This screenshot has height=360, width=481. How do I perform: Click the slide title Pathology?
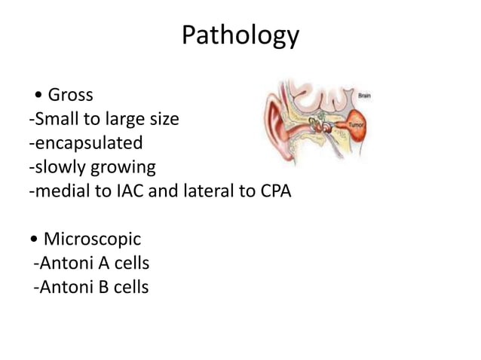click(x=240, y=36)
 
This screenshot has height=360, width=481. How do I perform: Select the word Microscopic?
click(x=92, y=240)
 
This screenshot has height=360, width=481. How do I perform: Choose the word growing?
click(x=121, y=167)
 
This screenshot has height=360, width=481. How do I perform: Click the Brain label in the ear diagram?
click(x=364, y=96)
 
